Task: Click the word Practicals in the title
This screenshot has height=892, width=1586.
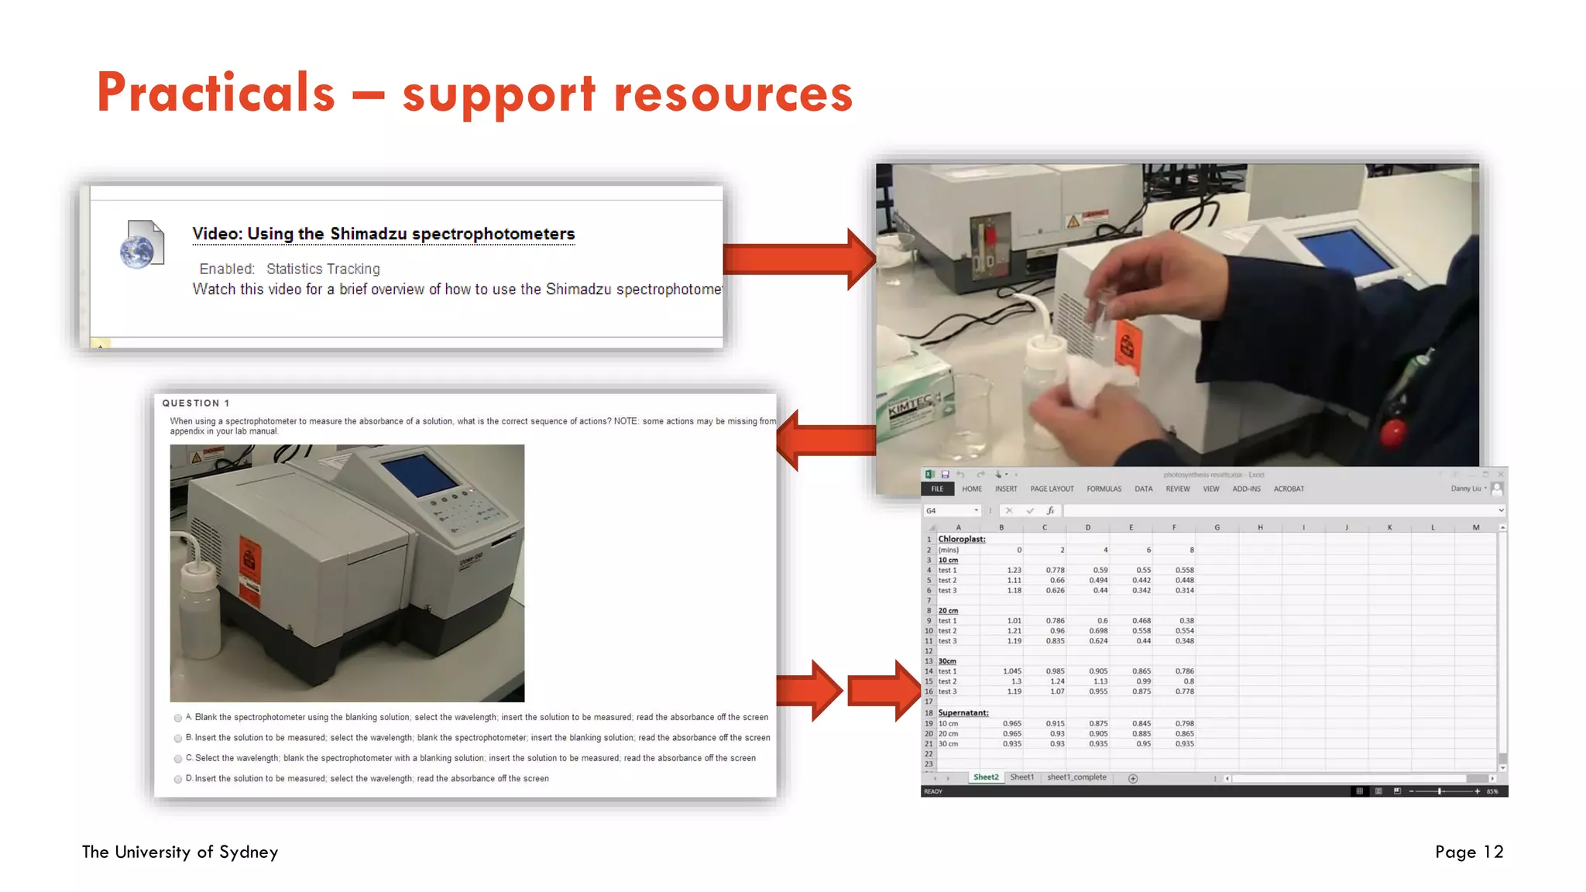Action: point(216,93)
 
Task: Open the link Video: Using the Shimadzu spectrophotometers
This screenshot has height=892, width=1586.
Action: point(383,234)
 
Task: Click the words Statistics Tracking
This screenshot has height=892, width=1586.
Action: point(323,269)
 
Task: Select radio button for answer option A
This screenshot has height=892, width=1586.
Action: point(178,719)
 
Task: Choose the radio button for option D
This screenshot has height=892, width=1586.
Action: point(178,779)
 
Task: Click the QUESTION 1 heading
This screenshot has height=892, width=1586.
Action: point(196,403)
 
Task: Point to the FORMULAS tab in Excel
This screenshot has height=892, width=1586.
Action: point(1104,489)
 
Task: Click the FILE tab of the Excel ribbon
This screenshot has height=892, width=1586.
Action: point(937,489)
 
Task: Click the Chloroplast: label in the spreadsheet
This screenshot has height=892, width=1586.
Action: point(961,539)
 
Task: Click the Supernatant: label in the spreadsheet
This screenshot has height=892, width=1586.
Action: point(963,712)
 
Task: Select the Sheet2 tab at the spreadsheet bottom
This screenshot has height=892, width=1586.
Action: point(986,777)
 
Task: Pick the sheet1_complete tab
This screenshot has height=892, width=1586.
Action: point(1076,777)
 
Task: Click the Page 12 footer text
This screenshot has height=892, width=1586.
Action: point(1468,852)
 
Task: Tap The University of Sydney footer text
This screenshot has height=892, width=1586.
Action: point(180,852)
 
